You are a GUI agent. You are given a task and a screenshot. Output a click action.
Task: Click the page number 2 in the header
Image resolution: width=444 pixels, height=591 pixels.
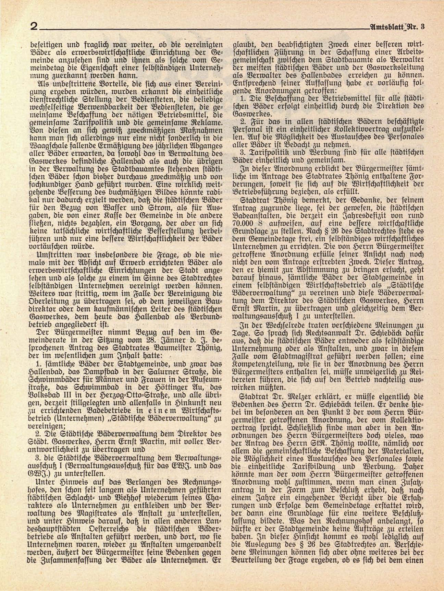tap(34, 26)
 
